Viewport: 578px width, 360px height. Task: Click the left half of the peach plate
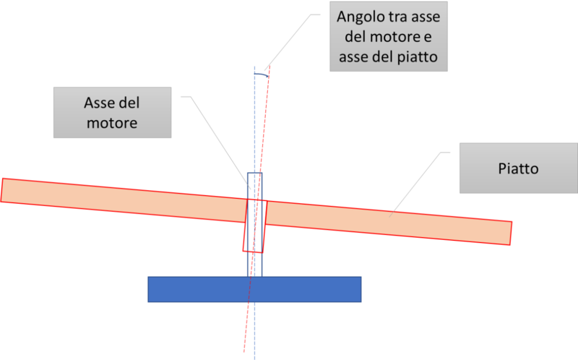pos(123,200)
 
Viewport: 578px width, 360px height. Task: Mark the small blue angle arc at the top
pos(262,74)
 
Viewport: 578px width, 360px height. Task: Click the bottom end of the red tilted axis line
pos(244,353)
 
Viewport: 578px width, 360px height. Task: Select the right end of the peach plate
pos(509,233)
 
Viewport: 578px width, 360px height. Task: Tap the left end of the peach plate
pos(4,189)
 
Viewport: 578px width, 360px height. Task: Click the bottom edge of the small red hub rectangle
pos(252,252)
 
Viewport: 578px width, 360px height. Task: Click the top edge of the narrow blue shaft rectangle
pos(254,172)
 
